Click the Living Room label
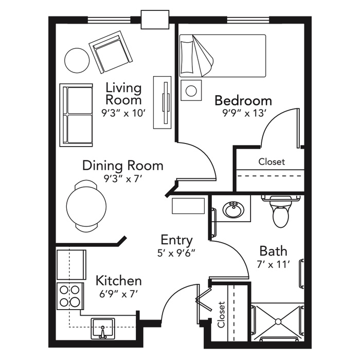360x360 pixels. point(123,94)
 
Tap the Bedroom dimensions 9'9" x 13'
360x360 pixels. point(244,113)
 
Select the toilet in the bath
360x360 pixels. point(281,211)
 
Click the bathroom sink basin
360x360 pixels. point(233,209)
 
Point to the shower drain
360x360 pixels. point(278,321)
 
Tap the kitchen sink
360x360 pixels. point(103,328)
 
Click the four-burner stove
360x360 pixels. point(70,296)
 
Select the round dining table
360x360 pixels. point(86,206)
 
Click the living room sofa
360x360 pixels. point(76,115)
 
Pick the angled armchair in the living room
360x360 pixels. point(111,52)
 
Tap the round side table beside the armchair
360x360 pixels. point(77,60)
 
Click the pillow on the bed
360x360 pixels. point(186,57)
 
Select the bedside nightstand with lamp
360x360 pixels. point(191,90)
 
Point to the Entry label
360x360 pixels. point(176,240)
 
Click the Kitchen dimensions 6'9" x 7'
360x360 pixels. point(118,294)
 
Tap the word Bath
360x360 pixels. point(273,251)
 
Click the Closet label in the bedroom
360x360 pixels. point(272,161)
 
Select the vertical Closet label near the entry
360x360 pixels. point(221,315)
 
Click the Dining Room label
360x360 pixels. point(123,166)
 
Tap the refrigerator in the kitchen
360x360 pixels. point(71,265)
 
